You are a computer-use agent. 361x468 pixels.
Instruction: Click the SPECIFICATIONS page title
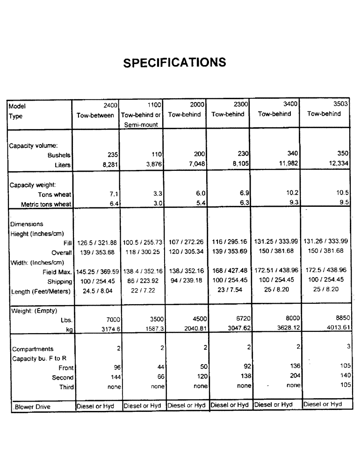click(174, 63)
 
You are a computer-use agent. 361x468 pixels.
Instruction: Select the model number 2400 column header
click(110, 105)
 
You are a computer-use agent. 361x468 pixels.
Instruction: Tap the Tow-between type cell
click(95, 115)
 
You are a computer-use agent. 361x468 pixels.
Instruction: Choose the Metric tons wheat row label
click(46, 204)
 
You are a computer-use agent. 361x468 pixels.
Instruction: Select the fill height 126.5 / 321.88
click(95, 243)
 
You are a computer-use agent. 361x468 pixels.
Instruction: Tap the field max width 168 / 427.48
click(229, 271)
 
